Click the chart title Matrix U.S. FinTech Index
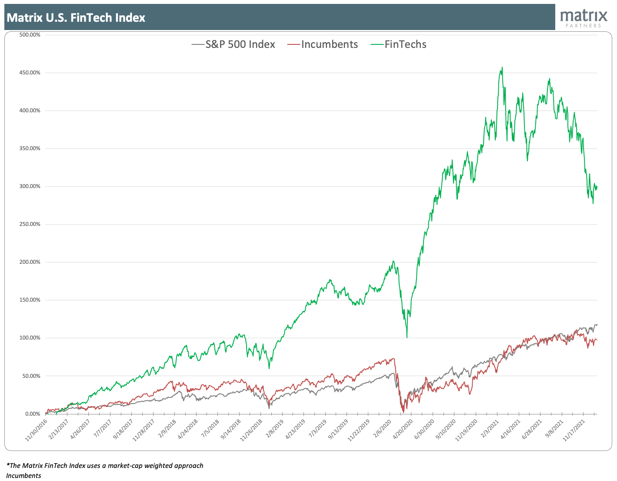pyautogui.click(x=76, y=18)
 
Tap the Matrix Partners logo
pyautogui.click(x=584, y=18)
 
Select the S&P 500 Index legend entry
pyautogui.click(x=233, y=44)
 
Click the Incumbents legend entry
pyautogui.click(x=324, y=44)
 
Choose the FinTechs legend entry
pyautogui.click(x=399, y=44)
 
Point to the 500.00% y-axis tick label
pyautogui.click(x=30, y=35)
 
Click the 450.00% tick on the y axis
pyautogui.click(x=30, y=73)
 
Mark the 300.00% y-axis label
pyautogui.click(x=30, y=186)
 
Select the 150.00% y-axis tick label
pyautogui.click(x=30, y=300)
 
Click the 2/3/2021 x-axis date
pyautogui.click(x=489, y=429)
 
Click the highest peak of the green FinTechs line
pyautogui.click(x=502, y=67)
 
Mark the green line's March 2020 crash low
pyautogui.click(x=407, y=337)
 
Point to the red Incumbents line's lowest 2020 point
pyautogui.click(x=404, y=412)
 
